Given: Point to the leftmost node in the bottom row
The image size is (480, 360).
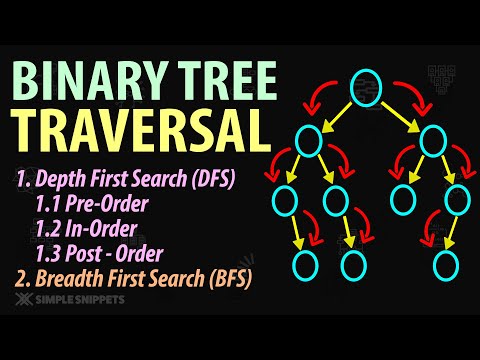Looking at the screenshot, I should (x=305, y=264).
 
